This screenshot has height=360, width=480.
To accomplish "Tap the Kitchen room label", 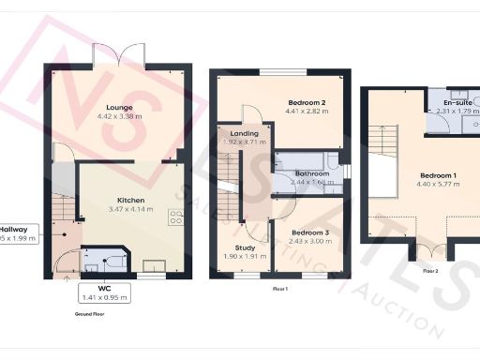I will pos(129,200).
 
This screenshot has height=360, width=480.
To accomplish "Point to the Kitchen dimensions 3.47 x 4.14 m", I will pos(129,210).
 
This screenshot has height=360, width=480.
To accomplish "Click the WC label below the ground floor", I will pos(105,287).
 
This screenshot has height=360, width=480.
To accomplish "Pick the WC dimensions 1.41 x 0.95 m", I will pos(105,297).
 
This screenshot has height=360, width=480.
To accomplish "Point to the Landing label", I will pos(243,133).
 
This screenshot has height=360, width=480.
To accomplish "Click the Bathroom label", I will pos(311,173).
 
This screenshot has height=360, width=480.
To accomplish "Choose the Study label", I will pos(246,247).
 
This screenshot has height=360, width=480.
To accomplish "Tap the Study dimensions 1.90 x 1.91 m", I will pos(246,257).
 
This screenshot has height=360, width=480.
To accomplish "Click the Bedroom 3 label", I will pos(308,232).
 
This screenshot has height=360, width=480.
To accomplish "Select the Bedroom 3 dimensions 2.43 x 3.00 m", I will pos(308,242).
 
